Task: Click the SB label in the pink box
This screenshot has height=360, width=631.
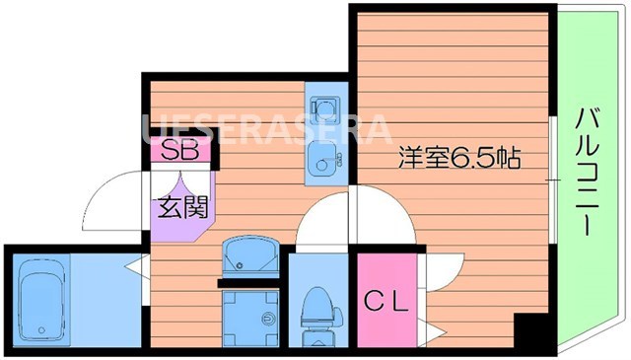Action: click(x=180, y=151)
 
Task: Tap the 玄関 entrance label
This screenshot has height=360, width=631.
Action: click(x=178, y=208)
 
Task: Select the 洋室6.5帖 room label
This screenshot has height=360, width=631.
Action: click(x=459, y=156)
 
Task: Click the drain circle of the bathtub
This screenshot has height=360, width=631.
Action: click(x=39, y=330)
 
